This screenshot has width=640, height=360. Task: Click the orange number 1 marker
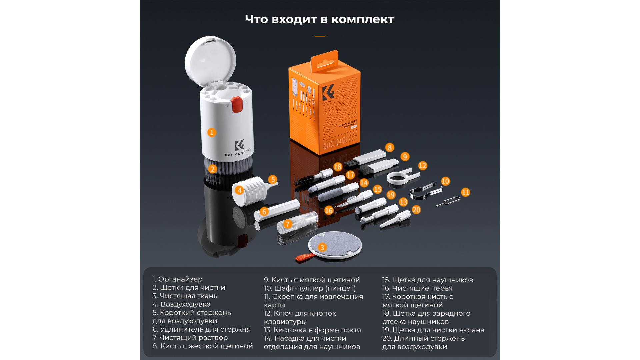tap(211, 132)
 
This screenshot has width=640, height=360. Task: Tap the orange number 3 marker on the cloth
tap(322, 247)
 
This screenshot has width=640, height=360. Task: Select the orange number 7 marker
tap(288, 224)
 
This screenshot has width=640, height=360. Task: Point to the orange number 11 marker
tap(465, 192)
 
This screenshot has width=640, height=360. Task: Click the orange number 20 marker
tap(416, 210)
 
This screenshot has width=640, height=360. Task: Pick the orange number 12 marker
tap(422, 166)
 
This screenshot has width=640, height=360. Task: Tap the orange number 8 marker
tap(389, 147)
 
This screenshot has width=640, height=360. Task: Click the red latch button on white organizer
tap(237, 104)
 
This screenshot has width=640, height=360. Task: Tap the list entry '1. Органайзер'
tap(177, 279)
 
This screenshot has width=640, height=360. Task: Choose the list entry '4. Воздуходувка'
tap(181, 304)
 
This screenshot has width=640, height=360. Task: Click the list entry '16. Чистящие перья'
tap(417, 288)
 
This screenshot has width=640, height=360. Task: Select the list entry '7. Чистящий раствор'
tap(190, 338)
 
